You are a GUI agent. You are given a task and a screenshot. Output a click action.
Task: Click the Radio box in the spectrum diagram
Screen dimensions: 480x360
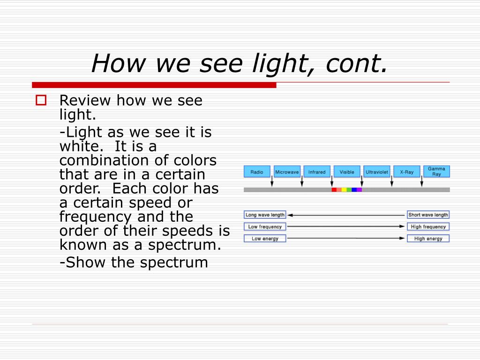tap(257, 172)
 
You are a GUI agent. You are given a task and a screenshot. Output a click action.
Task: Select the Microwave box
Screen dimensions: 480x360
tap(287, 172)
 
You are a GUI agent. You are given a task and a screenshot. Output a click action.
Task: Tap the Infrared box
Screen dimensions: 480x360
tap(317, 172)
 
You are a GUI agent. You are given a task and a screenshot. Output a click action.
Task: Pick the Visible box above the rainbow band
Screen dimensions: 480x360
tap(347, 172)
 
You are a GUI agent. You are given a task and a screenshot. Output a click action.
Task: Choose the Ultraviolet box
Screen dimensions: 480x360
tap(377, 172)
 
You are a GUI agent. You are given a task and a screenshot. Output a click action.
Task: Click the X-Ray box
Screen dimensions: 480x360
tap(407, 172)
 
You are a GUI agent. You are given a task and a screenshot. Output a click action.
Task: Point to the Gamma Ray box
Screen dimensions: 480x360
tap(436, 172)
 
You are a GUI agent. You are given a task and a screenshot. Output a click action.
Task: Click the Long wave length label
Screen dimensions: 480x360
tap(265, 215)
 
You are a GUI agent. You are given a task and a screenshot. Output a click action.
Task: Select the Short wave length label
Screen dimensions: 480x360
tap(428, 215)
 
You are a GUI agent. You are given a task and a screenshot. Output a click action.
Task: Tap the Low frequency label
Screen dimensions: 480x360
tap(265, 226)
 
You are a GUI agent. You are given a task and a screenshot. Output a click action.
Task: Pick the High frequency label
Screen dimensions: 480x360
tap(428, 226)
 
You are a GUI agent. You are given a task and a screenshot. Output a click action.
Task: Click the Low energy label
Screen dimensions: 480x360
tap(265, 239)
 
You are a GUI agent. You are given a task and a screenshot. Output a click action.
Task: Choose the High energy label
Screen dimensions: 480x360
tap(428, 239)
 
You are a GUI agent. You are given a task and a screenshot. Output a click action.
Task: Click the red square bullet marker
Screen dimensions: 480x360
tap(41, 100)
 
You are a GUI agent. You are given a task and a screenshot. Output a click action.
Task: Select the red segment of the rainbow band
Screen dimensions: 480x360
tap(334, 190)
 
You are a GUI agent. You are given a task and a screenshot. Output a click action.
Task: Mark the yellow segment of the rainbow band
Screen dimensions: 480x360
tap(344, 190)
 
